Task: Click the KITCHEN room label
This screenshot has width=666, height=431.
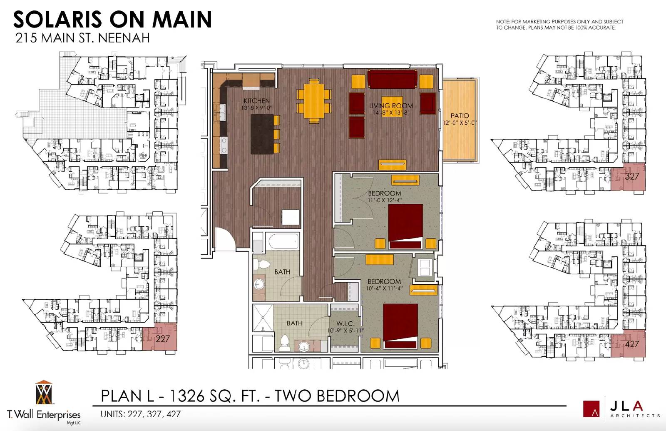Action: tap(256, 101)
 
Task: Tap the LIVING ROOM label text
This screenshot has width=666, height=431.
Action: tap(391, 106)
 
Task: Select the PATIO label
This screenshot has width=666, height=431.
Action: tap(460, 116)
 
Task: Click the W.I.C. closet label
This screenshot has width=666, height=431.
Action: tap(345, 323)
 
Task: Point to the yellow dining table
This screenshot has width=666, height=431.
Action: tap(314, 101)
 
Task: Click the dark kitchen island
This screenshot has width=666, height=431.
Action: tap(262, 134)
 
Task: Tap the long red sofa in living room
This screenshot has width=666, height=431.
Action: tap(392, 79)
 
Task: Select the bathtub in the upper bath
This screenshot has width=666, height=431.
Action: tap(283, 241)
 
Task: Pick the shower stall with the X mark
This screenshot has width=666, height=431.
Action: tap(263, 318)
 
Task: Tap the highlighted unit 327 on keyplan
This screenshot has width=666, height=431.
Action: tap(628, 177)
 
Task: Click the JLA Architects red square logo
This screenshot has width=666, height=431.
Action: tap(591, 408)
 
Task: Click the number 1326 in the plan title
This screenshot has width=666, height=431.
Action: tap(187, 396)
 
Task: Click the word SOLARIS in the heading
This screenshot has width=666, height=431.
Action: tap(57, 19)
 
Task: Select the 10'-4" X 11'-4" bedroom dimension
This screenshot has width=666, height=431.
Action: tap(384, 288)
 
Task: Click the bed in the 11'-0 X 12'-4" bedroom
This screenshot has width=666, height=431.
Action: tap(405, 226)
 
